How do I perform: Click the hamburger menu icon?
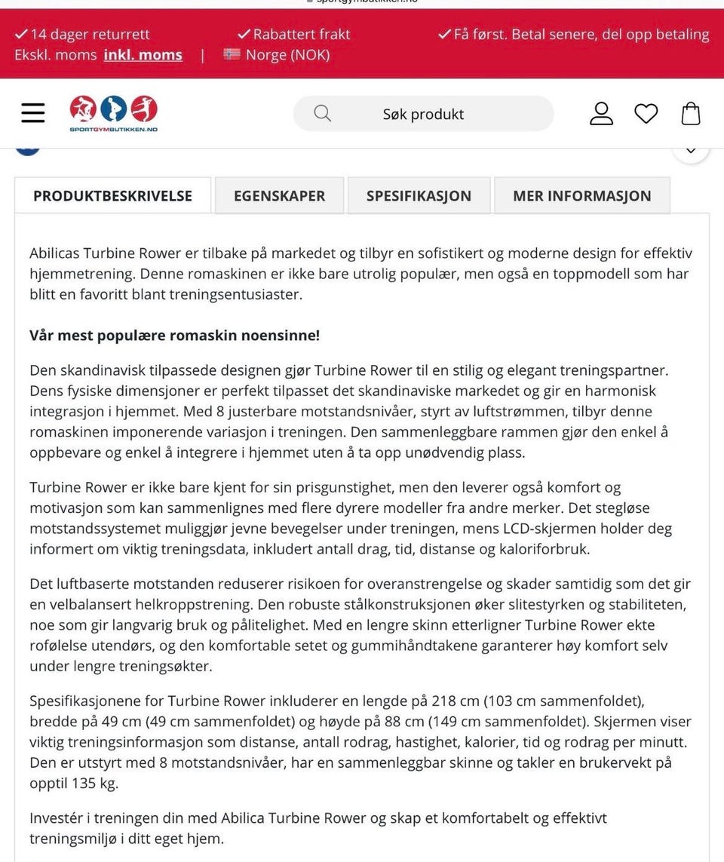click(33, 113)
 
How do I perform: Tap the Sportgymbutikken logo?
click(113, 114)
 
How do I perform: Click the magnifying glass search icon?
click(322, 113)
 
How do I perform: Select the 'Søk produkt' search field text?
click(423, 115)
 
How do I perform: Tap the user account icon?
click(601, 113)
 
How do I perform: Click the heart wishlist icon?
click(646, 114)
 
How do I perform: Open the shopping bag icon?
click(691, 113)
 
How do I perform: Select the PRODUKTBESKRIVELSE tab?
click(112, 196)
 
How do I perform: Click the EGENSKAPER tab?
click(279, 196)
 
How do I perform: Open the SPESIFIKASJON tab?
click(419, 196)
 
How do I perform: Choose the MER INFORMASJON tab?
click(581, 196)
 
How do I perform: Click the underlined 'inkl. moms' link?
click(143, 55)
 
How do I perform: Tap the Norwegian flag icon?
click(232, 54)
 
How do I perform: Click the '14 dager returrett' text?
click(90, 35)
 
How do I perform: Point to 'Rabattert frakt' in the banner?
click(301, 35)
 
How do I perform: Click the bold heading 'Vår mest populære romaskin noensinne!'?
click(174, 335)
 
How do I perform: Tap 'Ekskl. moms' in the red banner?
click(55, 55)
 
